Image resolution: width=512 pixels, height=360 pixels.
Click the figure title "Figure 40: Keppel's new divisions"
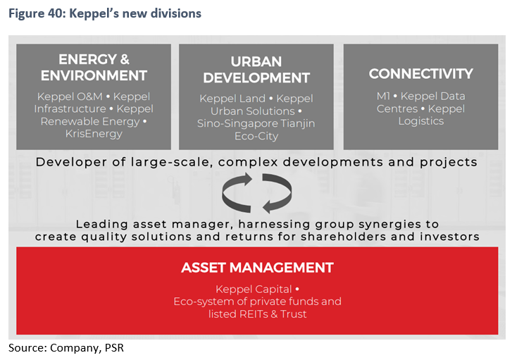click(105, 13)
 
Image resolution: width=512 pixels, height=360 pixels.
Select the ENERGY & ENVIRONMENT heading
click(94, 68)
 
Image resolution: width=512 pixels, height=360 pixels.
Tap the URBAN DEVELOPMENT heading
click(256, 70)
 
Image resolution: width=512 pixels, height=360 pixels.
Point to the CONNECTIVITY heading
click(421, 74)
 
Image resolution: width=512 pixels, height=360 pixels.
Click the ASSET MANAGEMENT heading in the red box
click(257, 268)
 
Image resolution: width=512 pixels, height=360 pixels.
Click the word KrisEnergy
click(94, 134)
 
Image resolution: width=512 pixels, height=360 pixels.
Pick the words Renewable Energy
click(90, 121)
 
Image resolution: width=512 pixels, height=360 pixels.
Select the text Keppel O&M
click(70, 97)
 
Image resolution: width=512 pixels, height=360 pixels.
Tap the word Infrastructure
click(70, 108)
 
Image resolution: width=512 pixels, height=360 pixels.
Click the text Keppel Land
click(232, 99)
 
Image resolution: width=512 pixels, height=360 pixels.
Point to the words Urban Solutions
click(253, 111)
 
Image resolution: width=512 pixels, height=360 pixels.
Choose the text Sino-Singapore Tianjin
click(256, 123)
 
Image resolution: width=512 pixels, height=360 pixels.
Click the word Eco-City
click(256, 136)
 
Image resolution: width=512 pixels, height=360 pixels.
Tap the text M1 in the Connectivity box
click(383, 96)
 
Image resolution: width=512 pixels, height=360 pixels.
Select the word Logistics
click(421, 121)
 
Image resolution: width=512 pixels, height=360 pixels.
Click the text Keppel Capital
click(254, 289)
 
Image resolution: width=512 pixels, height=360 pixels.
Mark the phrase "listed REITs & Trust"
click(258, 314)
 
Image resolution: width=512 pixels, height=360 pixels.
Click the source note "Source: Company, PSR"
click(66, 348)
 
